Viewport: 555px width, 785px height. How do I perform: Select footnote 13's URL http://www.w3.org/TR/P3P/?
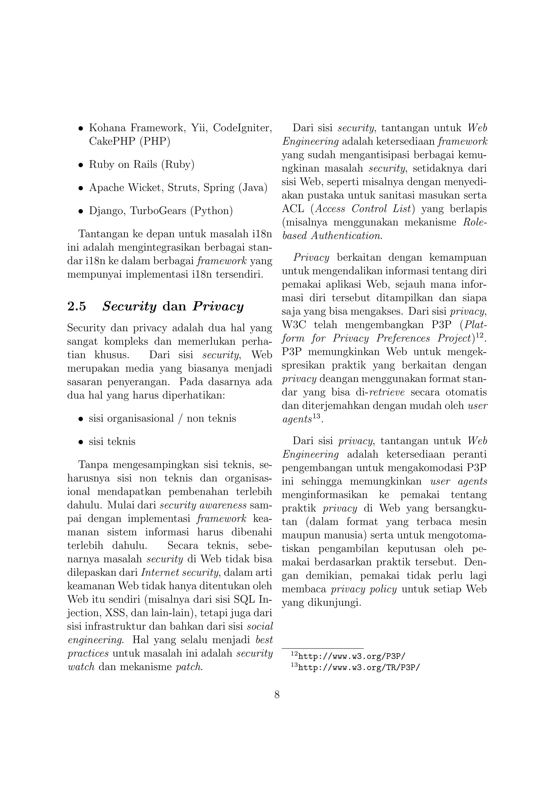pos(359,667)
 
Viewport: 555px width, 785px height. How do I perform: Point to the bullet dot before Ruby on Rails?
pos(81,165)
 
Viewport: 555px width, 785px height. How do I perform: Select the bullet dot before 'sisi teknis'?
pos(81,442)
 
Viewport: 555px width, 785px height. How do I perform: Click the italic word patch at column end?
pos(189,667)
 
